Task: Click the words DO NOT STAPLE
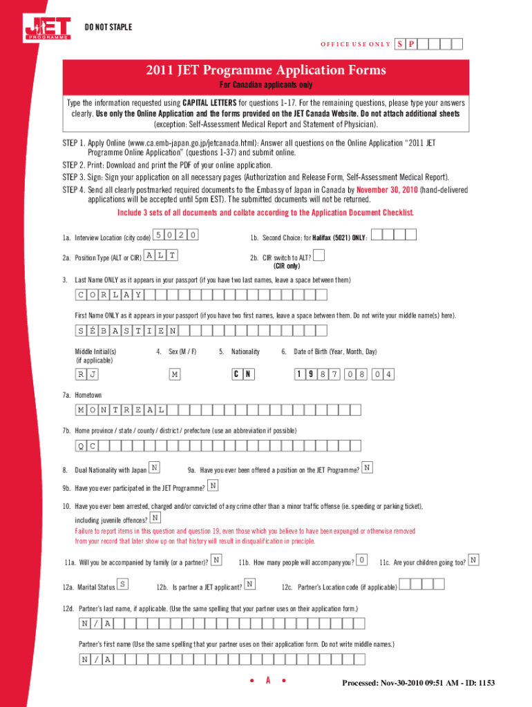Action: click(108, 27)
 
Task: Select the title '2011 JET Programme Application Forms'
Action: click(266, 70)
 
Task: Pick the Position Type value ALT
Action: click(161, 255)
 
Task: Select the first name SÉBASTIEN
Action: click(126, 330)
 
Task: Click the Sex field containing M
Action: click(175, 374)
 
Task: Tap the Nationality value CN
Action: click(243, 374)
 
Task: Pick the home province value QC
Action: click(88, 445)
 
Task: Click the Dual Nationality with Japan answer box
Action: click(155, 468)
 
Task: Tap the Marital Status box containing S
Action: click(123, 585)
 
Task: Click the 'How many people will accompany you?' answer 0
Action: click(362, 559)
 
